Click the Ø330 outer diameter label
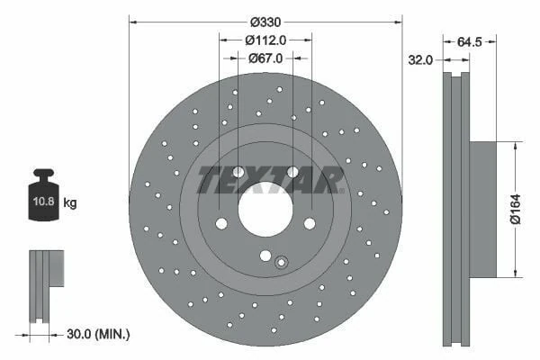coord(265,22)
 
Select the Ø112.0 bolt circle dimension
coord(265,40)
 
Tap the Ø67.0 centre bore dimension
coord(265,58)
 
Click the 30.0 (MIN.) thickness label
coord(100,334)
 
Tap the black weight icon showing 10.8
coord(43,192)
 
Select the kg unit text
coord(70,203)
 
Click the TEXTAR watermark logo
coord(270,180)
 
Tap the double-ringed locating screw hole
coord(281,263)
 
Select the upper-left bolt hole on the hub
coord(238,172)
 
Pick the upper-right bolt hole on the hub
coord(292,172)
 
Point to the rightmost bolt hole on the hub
coord(310,223)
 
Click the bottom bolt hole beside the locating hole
coord(265,255)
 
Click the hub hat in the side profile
coord(483,209)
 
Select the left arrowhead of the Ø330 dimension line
coord(133,22)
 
